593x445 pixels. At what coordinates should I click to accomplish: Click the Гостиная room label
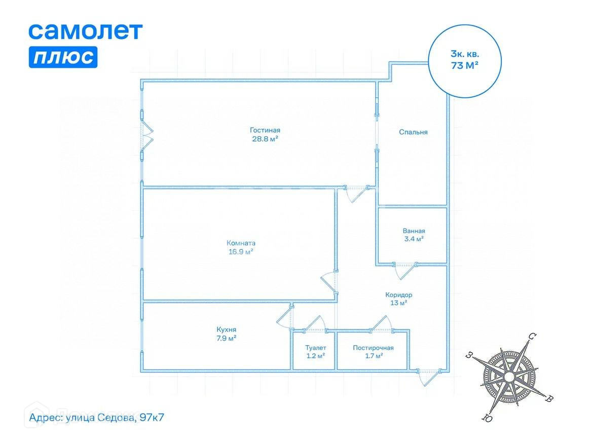265,130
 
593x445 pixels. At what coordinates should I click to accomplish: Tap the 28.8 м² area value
265,139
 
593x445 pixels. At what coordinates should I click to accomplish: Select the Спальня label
413,132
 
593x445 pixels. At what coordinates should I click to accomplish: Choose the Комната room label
241,243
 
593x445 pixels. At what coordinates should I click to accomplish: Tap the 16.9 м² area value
241,251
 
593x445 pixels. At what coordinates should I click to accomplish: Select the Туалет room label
315,348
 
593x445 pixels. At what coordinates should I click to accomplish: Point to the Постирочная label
373,348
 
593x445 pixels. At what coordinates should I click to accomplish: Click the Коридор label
398,295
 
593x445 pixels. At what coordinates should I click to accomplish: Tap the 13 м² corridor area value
398,303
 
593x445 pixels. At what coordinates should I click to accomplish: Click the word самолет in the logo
85,31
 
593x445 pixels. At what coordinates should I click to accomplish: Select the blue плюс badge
63,57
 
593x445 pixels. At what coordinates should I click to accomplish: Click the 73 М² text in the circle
465,65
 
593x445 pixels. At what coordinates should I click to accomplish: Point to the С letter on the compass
532,337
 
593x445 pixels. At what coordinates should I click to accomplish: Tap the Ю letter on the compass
486,418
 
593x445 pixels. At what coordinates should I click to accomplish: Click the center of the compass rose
508,377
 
